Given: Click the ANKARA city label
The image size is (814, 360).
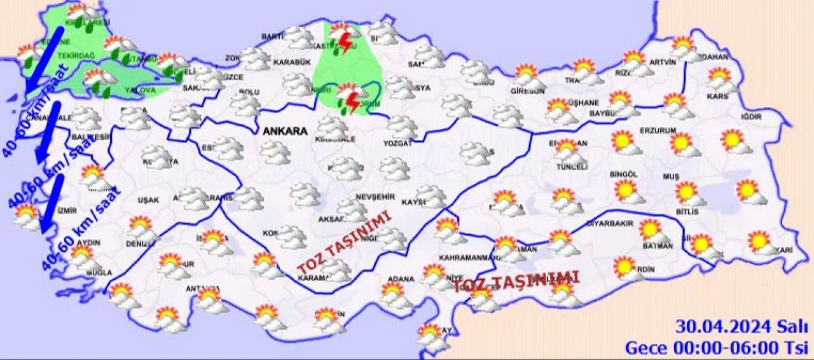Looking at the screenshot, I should click(x=284, y=132).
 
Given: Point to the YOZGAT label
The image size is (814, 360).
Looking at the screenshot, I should click(x=399, y=144).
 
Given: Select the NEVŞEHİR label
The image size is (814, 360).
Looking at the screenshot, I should click(x=371, y=196).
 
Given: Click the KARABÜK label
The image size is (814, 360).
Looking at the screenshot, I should click(x=291, y=62).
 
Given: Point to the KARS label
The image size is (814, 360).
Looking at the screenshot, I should click(x=721, y=97).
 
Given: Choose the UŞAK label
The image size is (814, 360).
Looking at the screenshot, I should click(x=148, y=200).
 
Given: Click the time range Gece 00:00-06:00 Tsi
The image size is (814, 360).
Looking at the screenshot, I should click(x=716, y=348).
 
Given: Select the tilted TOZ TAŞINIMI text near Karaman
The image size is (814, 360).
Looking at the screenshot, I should click(x=344, y=245).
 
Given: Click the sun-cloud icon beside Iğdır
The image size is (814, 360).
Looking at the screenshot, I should click(x=735, y=141).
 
